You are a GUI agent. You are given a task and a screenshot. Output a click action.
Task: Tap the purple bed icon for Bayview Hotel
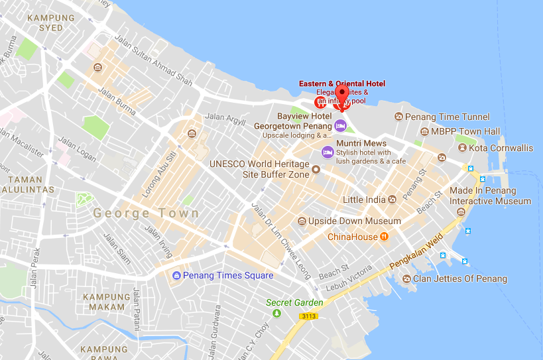(339, 125)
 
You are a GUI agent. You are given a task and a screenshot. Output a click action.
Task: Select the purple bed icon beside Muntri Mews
(327, 152)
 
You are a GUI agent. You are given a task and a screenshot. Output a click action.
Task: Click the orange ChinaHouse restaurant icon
(384, 237)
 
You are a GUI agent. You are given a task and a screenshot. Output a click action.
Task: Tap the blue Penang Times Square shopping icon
(176, 276)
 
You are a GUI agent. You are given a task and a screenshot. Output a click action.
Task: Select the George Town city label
(146, 213)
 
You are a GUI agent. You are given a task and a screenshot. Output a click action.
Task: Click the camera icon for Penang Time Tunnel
(398, 117)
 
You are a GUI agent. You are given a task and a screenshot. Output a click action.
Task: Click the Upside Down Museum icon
(302, 221)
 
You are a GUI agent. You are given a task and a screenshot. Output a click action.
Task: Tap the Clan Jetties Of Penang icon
(406, 279)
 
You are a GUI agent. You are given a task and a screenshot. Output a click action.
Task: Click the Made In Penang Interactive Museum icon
(461, 211)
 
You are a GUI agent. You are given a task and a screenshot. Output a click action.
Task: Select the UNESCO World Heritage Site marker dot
(316, 170)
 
